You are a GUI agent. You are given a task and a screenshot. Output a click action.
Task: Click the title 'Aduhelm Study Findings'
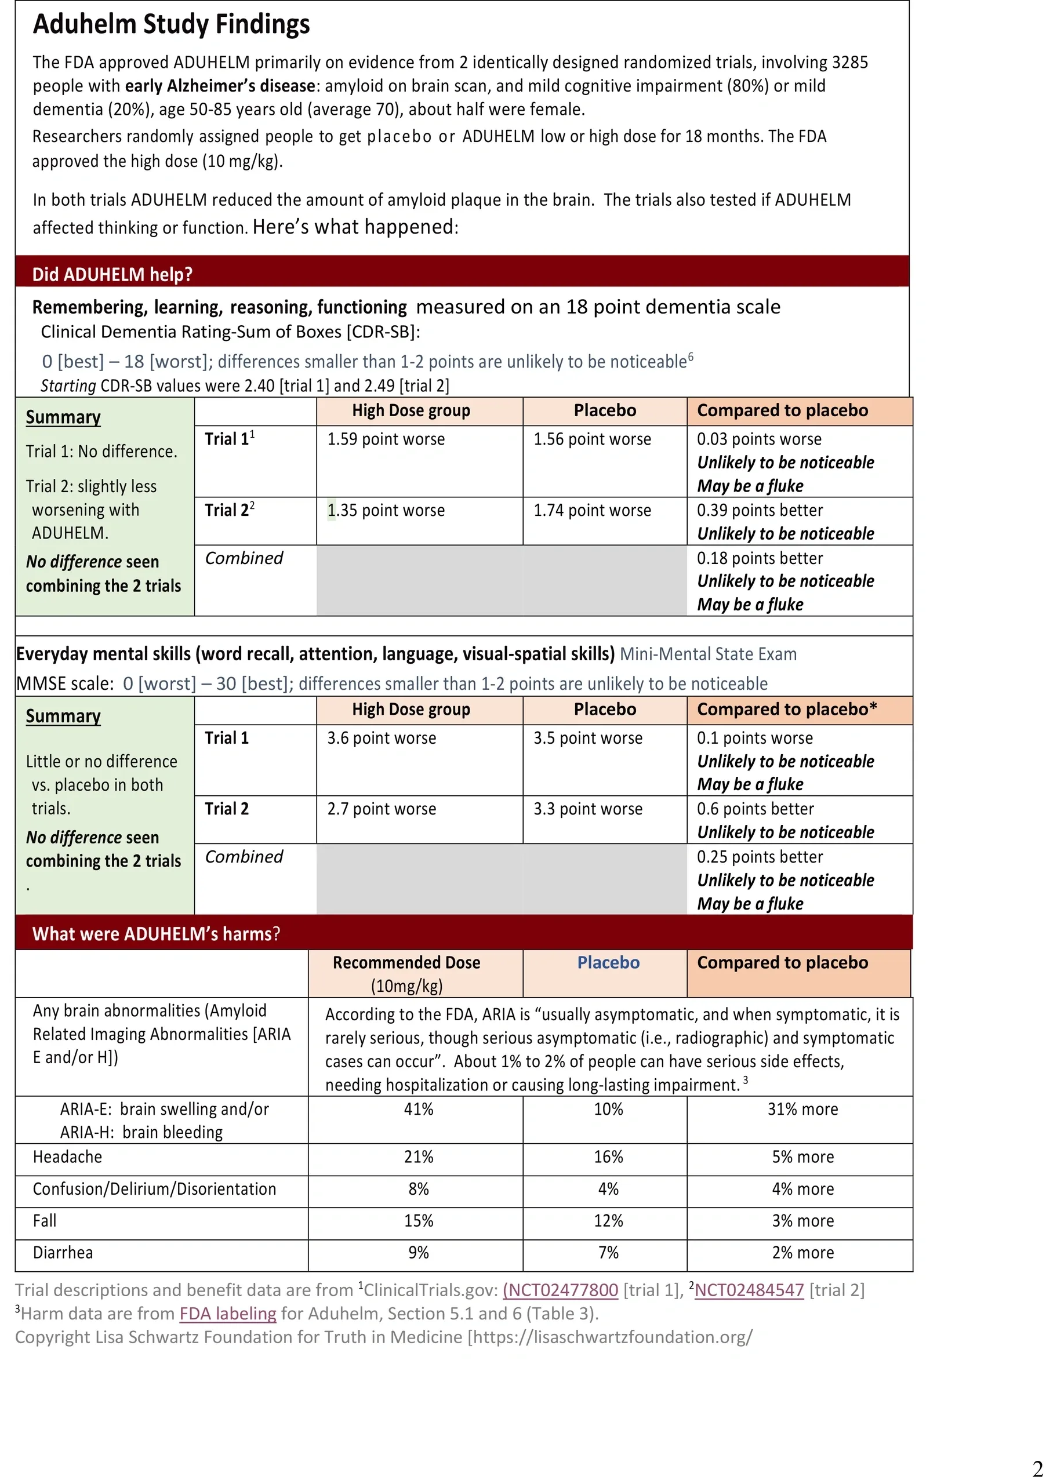[x=171, y=24]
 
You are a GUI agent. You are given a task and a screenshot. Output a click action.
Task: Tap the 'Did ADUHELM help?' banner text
[x=112, y=274]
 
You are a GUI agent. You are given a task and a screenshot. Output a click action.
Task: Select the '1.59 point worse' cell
[x=386, y=439]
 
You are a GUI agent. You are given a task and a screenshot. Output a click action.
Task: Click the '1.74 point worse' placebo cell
[x=591, y=511]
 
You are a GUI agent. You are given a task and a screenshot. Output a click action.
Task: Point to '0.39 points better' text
[x=760, y=511]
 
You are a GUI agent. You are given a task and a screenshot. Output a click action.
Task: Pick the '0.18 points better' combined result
[x=760, y=558]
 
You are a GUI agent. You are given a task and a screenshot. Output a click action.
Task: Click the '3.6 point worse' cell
[x=382, y=738]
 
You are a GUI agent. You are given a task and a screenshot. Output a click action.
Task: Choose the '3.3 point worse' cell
[x=587, y=809]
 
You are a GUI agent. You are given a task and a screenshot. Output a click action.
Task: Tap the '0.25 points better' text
[x=760, y=857]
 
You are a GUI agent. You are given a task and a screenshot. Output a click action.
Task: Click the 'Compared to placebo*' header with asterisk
[x=787, y=710]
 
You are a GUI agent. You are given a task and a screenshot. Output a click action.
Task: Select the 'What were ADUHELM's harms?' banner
[x=156, y=934]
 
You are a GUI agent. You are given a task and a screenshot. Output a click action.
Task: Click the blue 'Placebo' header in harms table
[x=608, y=963]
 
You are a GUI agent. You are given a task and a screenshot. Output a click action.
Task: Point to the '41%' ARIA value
[x=418, y=1110]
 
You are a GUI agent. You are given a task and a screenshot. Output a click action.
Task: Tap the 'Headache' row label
[x=67, y=1157]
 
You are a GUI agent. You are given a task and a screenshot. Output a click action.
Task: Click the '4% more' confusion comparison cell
[x=802, y=1190]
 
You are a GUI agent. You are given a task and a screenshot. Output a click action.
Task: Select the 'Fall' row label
[x=45, y=1221]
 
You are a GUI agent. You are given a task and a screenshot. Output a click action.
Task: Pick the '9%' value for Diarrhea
[x=418, y=1253]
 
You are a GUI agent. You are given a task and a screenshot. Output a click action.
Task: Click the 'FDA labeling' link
[x=227, y=1314]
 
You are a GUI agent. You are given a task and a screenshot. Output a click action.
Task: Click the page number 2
[x=1037, y=1467]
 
